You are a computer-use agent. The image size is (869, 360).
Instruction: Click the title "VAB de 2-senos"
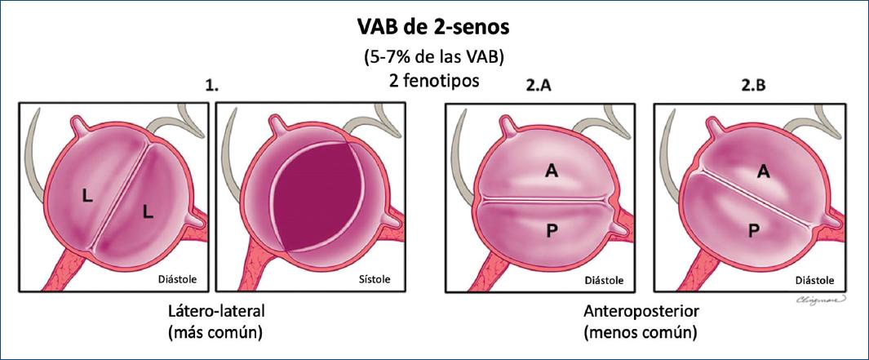pyautogui.click(x=433, y=27)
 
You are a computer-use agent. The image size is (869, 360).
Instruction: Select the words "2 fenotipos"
pyautogui.click(x=433, y=82)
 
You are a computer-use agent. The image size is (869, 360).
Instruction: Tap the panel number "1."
pyautogui.click(x=214, y=85)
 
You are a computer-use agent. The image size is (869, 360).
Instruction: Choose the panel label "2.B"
pyautogui.click(x=753, y=85)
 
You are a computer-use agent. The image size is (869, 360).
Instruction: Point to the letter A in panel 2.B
pyautogui.click(x=763, y=171)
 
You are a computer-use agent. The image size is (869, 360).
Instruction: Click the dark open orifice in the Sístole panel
pyautogui.click(x=314, y=196)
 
